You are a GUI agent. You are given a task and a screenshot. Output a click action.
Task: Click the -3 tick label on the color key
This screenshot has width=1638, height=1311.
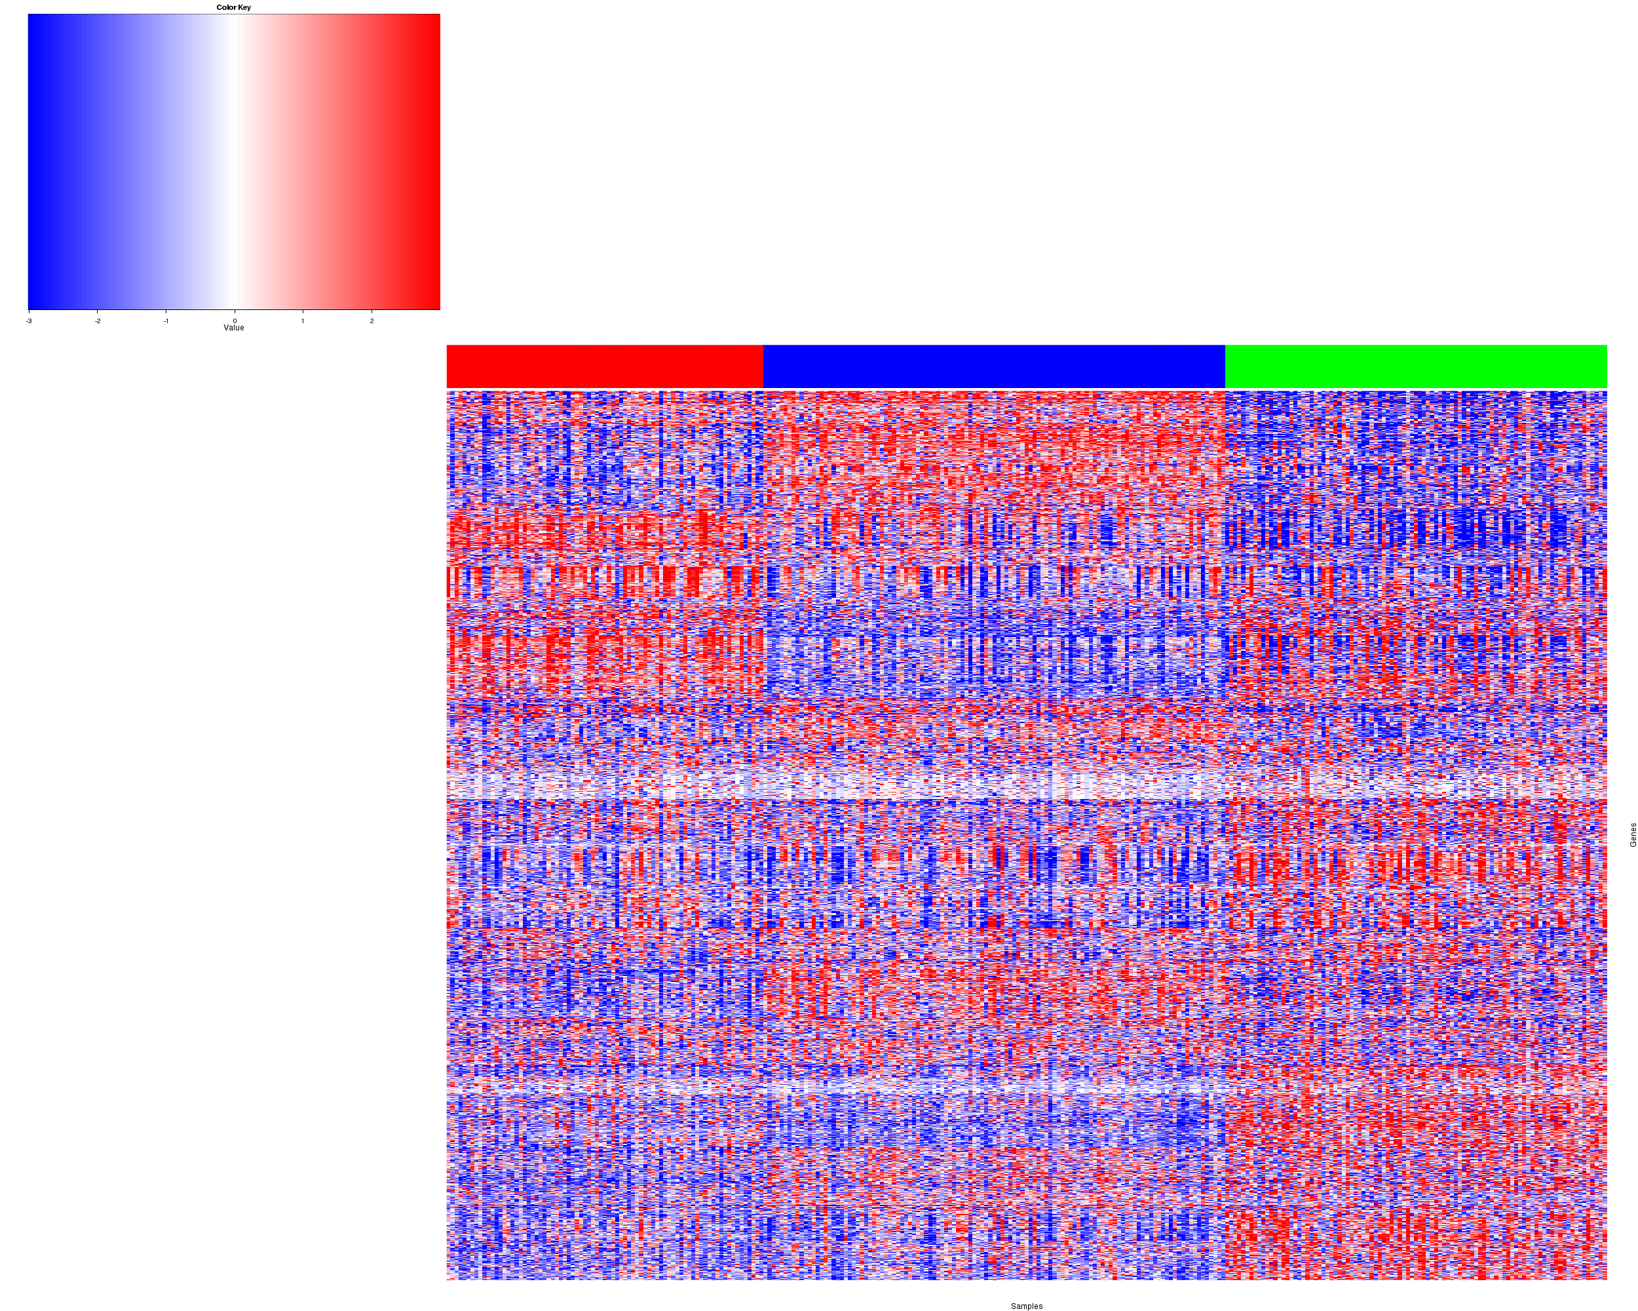(x=29, y=321)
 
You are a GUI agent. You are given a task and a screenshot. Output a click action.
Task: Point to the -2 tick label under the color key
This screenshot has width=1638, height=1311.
(x=97, y=321)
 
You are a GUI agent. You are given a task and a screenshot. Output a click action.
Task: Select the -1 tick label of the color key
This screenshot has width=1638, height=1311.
(x=166, y=321)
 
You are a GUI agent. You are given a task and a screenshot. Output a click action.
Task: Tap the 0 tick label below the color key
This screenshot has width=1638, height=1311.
(x=235, y=321)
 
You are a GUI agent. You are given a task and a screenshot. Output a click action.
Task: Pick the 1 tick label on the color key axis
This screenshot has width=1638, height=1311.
(x=303, y=321)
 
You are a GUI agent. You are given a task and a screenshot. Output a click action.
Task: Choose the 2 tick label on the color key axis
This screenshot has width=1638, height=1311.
(x=371, y=321)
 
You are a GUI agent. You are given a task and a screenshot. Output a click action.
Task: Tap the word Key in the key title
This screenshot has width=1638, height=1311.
(x=244, y=8)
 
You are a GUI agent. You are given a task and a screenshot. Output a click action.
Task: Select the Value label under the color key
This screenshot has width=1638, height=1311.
(x=234, y=328)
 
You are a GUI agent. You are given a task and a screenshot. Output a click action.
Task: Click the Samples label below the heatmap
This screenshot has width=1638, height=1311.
(x=1027, y=1306)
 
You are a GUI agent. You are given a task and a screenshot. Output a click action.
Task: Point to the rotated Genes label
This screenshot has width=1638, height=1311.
(x=1633, y=834)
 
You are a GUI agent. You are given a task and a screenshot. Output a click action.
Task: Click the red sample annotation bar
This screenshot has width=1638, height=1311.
(x=605, y=366)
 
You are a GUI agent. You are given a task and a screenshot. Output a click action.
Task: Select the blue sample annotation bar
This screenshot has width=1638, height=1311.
(x=994, y=366)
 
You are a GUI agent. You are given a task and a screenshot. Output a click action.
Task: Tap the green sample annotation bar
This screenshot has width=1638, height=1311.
(x=1415, y=366)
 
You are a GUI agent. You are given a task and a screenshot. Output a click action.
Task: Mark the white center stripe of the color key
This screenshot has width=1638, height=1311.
(x=233, y=162)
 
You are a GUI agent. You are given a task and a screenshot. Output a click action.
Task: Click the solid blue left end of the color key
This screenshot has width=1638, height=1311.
(x=34, y=162)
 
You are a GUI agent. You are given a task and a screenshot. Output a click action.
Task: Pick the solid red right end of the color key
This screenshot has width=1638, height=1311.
(x=434, y=162)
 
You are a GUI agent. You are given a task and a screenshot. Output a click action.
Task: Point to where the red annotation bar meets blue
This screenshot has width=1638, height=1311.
(x=763, y=366)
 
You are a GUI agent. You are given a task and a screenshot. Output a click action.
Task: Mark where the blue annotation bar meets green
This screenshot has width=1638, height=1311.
(x=1225, y=366)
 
